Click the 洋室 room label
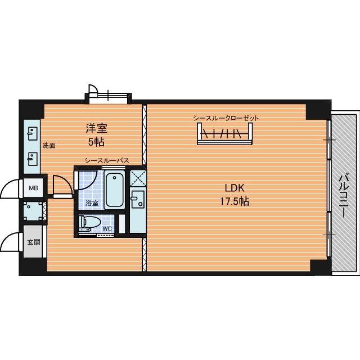click(96, 128)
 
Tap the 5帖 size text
click(96, 142)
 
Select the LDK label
click(234, 188)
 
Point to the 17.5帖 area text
click(235, 201)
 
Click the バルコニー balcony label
click(344, 196)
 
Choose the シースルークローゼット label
click(226, 118)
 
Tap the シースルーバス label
click(107, 161)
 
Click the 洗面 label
click(49, 146)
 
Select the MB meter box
click(33, 188)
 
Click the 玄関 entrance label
click(34, 242)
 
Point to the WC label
click(107, 229)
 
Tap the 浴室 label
click(92, 203)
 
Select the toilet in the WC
click(89, 223)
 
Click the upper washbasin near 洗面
click(32, 134)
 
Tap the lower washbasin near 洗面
click(32, 159)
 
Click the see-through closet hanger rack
click(225, 134)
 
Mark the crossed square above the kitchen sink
click(138, 178)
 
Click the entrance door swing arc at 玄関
click(11, 241)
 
